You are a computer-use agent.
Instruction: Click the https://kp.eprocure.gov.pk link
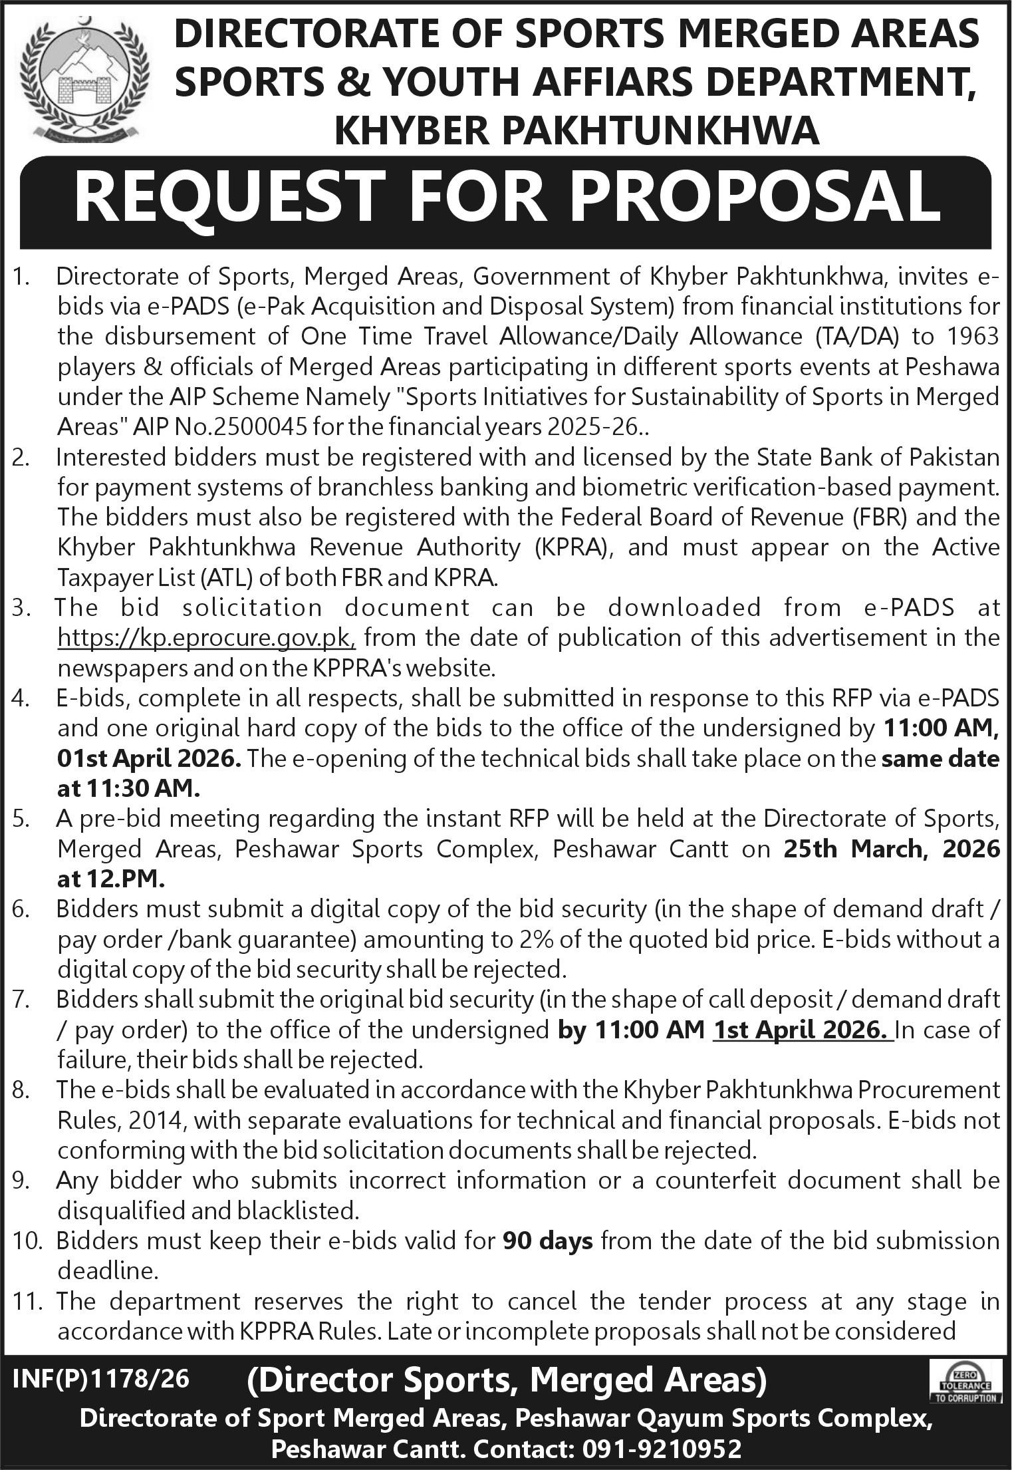(x=207, y=638)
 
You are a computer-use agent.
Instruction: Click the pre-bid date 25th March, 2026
(x=891, y=849)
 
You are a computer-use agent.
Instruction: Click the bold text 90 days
(x=548, y=1241)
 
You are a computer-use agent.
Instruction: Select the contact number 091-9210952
(x=658, y=1447)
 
